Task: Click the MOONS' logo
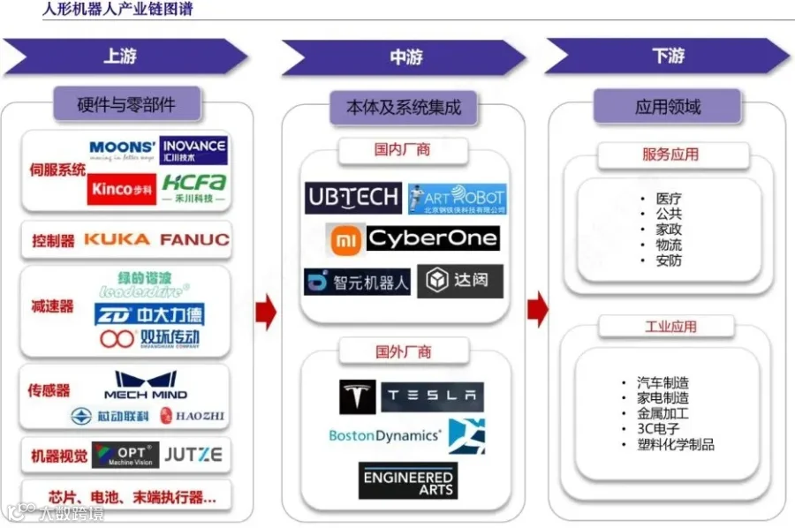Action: pos(122,150)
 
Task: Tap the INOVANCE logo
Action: pos(193,150)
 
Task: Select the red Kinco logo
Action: pos(121,188)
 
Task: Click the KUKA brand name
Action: pos(117,239)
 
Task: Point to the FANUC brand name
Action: pos(194,239)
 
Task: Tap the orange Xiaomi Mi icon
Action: pos(344,238)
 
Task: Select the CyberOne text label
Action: pos(432,238)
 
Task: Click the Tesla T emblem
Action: pos(357,397)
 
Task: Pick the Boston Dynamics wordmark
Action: pos(384,435)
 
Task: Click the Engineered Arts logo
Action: pos(407,481)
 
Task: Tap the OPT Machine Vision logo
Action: pos(125,456)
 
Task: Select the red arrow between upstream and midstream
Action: pos(266,312)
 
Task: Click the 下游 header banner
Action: pos(668,57)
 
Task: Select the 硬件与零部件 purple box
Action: pos(126,104)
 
